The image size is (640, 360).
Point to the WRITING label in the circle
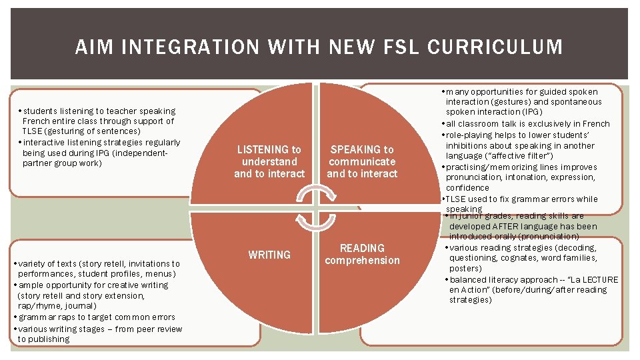click(x=269, y=255)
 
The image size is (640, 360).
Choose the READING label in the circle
click(x=362, y=248)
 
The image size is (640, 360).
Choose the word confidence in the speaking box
click(x=467, y=188)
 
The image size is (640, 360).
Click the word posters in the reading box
click(x=465, y=269)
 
